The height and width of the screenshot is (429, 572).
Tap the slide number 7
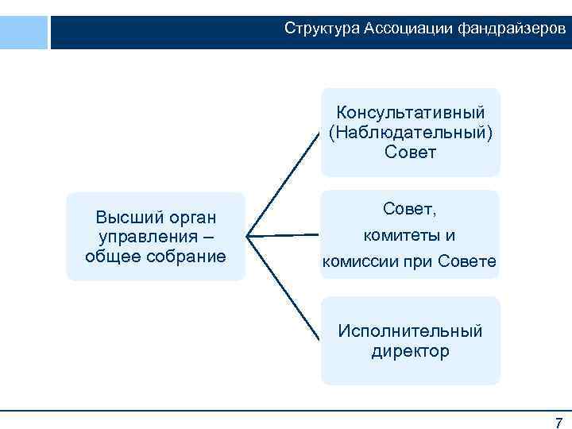(x=558, y=422)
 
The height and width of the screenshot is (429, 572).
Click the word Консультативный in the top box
(x=410, y=113)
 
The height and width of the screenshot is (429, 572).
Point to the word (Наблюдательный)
(x=410, y=132)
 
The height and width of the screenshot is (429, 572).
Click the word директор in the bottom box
(x=410, y=350)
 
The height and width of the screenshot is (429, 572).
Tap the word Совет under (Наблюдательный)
(x=410, y=151)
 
